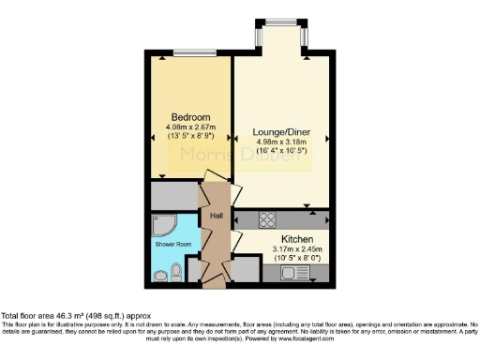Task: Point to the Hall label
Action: coord(215,215)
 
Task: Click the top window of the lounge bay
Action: coord(278,22)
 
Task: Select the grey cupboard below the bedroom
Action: coord(173,196)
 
